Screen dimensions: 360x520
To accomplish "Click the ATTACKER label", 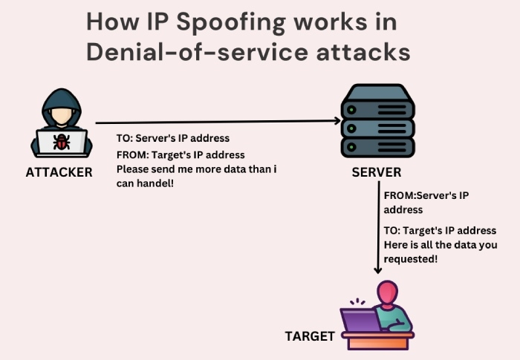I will [59, 172].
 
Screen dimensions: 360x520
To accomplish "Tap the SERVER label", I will [377, 173].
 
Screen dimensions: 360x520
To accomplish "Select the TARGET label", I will [310, 336].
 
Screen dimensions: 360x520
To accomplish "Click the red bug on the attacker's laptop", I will [61, 141].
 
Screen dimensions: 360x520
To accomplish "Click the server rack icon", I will [377, 123].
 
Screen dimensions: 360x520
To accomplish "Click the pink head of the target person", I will [387, 292].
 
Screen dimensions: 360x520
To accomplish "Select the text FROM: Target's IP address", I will [181, 154].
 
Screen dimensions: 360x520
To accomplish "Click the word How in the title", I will [109, 22].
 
